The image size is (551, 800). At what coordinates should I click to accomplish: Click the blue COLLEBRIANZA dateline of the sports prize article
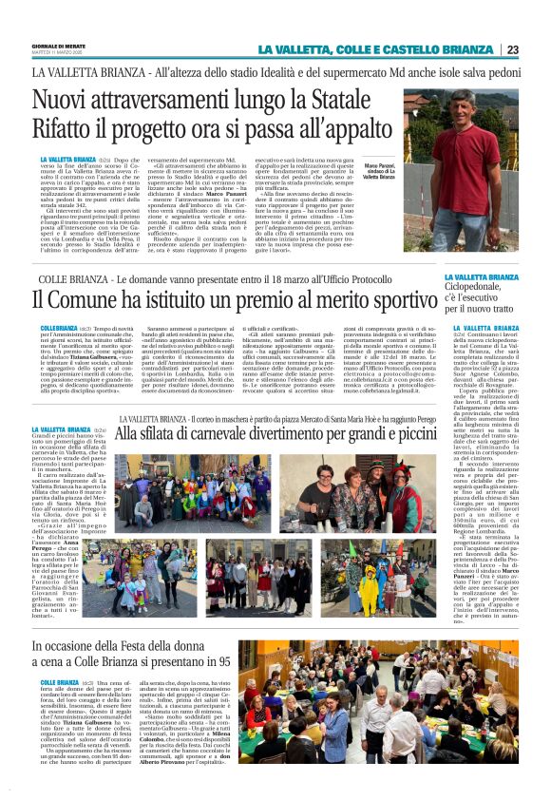tap(59, 327)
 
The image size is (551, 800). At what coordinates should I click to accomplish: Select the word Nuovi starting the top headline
tap(63, 99)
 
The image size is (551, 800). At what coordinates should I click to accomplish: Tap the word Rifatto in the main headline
tap(67, 128)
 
